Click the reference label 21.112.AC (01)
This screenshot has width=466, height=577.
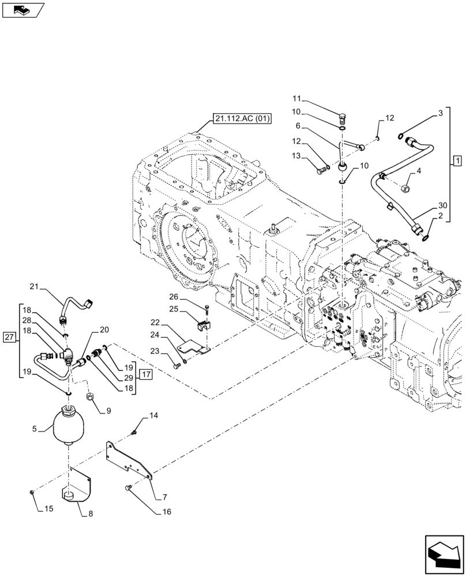(242, 119)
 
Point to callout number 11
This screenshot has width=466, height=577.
(296, 100)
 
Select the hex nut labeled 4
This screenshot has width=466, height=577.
(405, 189)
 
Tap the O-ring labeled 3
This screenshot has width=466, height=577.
(401, 136)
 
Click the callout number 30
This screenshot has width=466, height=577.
(442, 205)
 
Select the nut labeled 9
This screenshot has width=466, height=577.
(90, 398)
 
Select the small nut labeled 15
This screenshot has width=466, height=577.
(31, 491)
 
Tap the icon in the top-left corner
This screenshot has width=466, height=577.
(22, 10)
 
